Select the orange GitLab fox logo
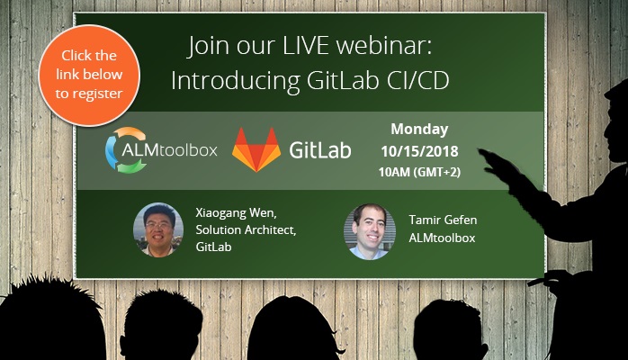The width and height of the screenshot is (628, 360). pyautogui.click(x=256, y=149)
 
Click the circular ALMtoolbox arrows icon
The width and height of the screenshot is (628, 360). pyautogui.click(x=125, y=148)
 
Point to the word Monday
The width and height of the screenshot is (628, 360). pyautogui.click(x=419, y=129)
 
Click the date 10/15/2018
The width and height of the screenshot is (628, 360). pyautogui.click(x=420, y=151)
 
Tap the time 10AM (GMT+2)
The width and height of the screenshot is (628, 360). pyautogui.click(x=420, y=171)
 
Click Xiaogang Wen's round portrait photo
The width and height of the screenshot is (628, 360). pyautogui.click(x=158, y=228)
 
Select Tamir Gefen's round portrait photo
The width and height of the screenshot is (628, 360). pyautogui.click(x=370, y=231)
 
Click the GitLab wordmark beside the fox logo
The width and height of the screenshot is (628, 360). pyautogui.click(x=320, y=149)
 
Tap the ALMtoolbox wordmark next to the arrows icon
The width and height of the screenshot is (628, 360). pyautogui.click(x=184, y=149)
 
